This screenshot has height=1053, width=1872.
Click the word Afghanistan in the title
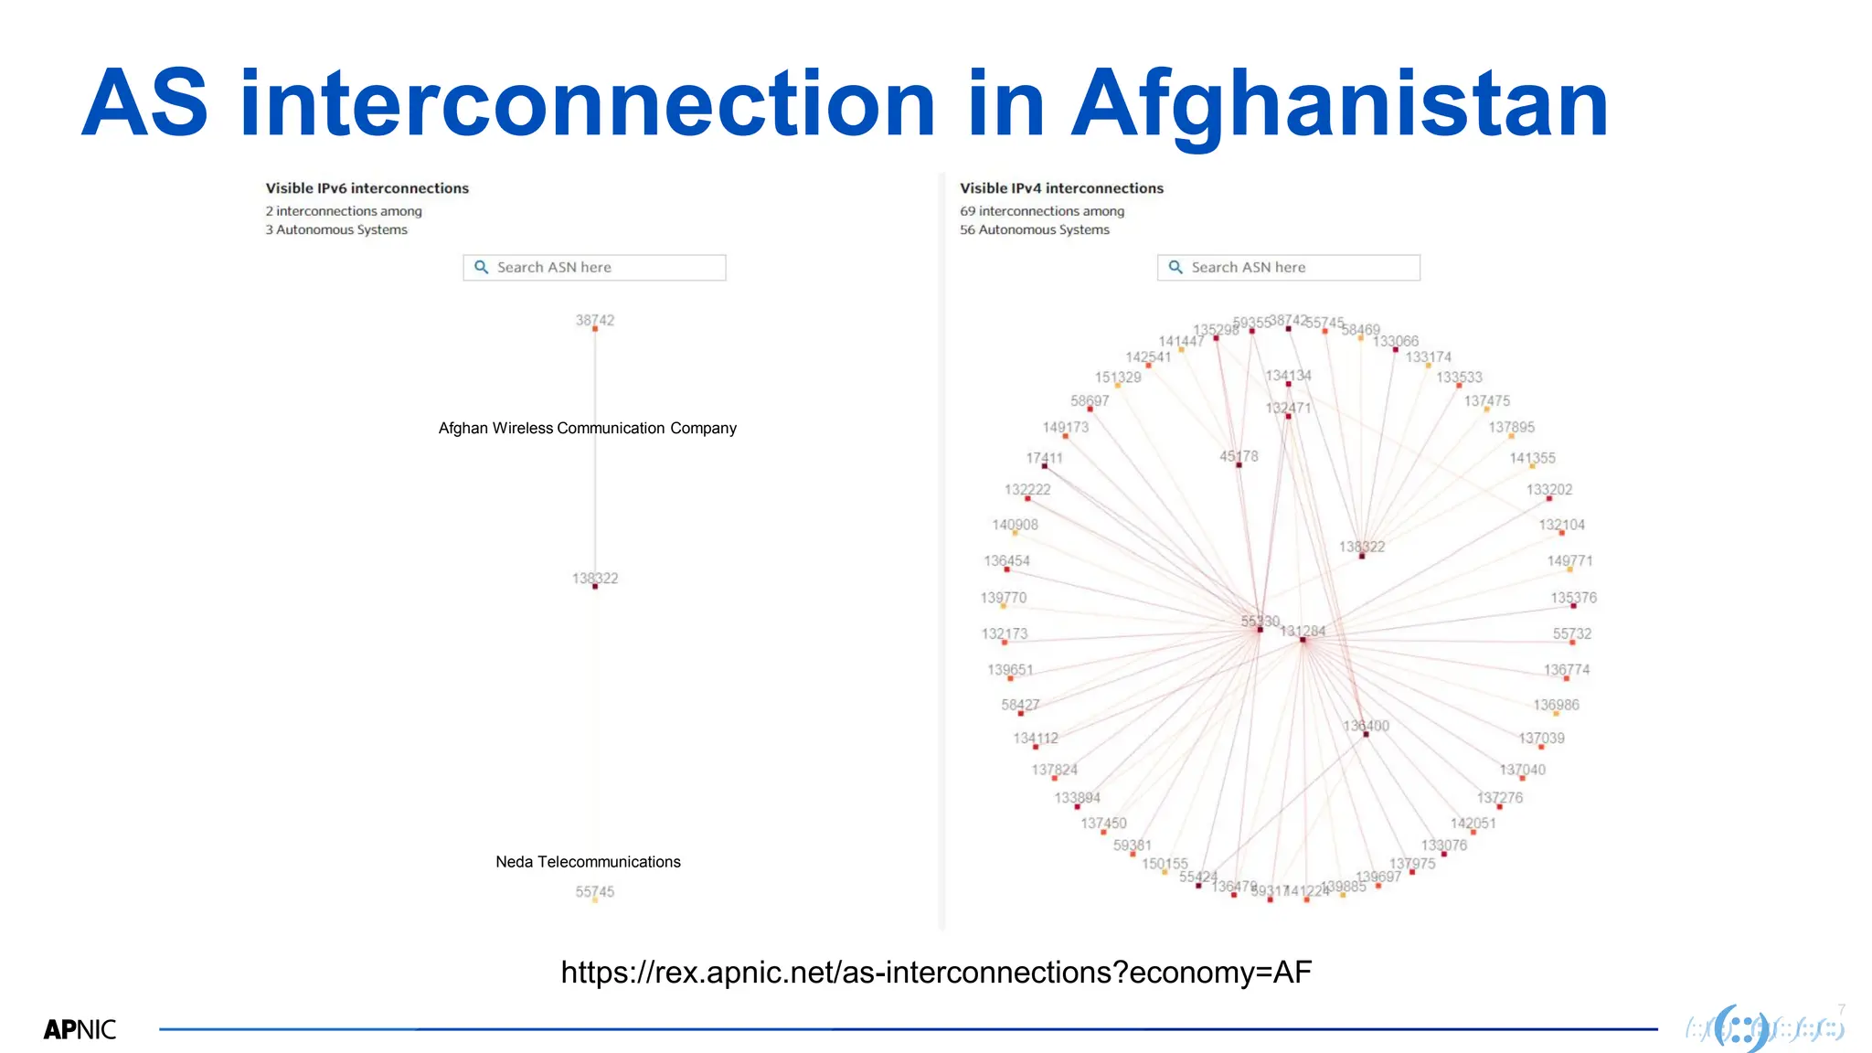1339,105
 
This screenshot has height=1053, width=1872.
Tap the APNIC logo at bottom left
80,1029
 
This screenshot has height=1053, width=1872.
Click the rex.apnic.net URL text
936,972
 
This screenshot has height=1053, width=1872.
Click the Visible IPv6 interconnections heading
367,188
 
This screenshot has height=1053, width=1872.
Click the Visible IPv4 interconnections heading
1061,188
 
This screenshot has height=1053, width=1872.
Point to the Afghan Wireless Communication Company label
587,428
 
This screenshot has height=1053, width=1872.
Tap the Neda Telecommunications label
588,862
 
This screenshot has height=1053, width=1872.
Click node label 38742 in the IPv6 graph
595,320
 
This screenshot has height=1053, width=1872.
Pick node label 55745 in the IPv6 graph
595,891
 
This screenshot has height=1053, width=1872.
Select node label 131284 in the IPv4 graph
1303,631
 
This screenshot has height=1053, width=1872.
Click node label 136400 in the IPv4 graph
1366,726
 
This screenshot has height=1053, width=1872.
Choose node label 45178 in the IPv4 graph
1239,456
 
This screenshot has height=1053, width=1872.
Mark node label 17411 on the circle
1044,458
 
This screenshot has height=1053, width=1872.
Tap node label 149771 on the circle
1569,560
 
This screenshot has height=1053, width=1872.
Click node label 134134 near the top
1288,376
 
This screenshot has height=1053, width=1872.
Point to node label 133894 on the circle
1077,798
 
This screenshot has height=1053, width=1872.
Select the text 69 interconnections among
1042,211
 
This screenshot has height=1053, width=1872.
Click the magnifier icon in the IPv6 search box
482,268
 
